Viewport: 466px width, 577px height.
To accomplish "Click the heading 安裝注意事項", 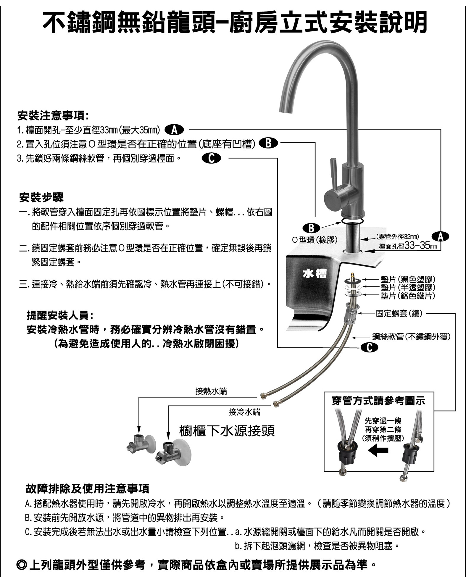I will click(x=53, y=116).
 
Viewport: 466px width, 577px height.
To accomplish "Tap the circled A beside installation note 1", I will click(x=174, y=130).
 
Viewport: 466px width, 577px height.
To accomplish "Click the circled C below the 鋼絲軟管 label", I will click(x=369, y=348).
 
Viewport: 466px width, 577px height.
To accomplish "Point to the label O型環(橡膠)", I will click(x=315, y=240).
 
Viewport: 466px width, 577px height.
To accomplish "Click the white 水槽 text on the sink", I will click(x=315, y=274).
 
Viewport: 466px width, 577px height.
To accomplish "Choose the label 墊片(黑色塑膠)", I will click(x=408, y=279).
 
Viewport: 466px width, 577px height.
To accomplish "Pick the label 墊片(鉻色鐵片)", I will click(x=408, y=295).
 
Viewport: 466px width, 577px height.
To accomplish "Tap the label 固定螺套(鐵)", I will click(x=399, y=313).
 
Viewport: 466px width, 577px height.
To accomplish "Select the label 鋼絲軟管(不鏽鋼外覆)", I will click(x=411, y=336).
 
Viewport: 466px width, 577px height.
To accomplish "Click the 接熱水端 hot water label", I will click(x=211, y=391).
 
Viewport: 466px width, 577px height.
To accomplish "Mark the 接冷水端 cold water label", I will click(x=244, y=412).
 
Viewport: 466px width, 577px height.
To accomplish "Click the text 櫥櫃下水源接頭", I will click(x=227, y=431).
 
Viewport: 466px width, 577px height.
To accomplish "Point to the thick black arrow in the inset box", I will click(x=379, y=451).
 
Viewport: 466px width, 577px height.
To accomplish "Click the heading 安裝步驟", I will click(x=41, y=198).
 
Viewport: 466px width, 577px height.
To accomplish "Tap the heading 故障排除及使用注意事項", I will click(x=88, y=489).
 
